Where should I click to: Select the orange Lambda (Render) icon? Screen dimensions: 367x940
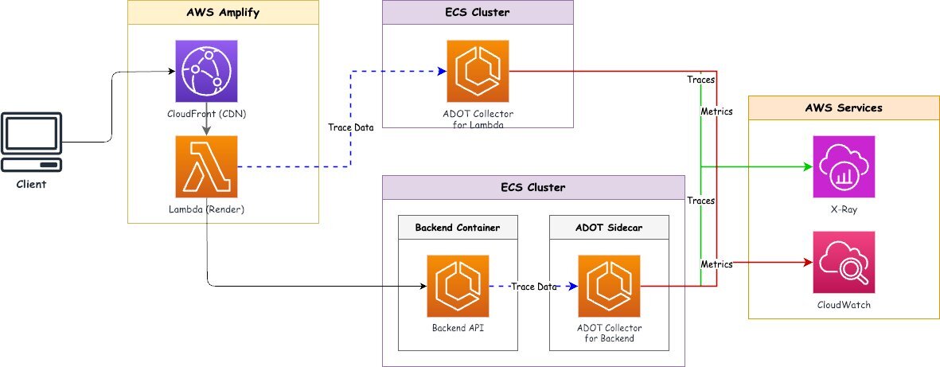[x=207, y=166]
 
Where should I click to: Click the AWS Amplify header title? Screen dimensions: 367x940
[x=223, y=12]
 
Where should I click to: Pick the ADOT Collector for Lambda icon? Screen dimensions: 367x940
[x=478, y=71]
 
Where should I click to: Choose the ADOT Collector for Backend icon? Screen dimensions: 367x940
[x=609, y=286]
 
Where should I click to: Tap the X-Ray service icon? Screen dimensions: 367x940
[x=844, y=166]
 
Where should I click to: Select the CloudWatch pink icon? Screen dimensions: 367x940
[x=844, y=262]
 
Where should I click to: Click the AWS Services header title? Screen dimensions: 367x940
[x=844, y=107]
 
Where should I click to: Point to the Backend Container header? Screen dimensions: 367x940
[x=458, y=227]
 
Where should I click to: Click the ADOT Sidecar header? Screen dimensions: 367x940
[x=609, y=227]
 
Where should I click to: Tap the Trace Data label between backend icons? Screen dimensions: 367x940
[x=533, y=287]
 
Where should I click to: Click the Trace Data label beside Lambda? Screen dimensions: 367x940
[x=351, y=127]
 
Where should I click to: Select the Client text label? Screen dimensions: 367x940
[x=32, y=184]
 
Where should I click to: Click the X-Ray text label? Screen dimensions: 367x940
[x=844, y=210]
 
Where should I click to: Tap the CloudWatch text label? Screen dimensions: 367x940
[x=844, y=305]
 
